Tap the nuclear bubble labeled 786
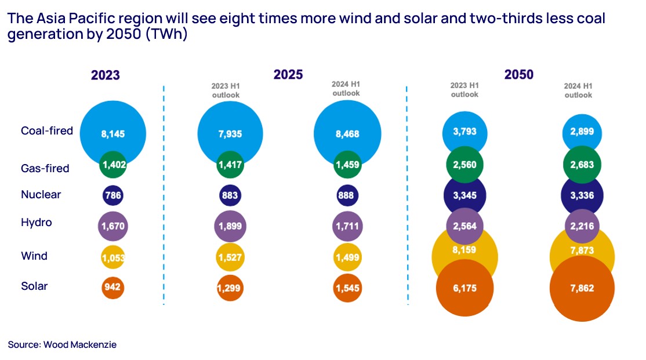112,195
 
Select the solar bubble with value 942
112,287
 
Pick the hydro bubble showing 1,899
230,226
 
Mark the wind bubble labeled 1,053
112,257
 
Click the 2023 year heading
106,75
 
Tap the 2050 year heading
519,74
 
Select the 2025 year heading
288,74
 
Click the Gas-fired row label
45,168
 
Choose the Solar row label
34,286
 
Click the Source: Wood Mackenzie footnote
62,344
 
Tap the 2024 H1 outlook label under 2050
578,91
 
